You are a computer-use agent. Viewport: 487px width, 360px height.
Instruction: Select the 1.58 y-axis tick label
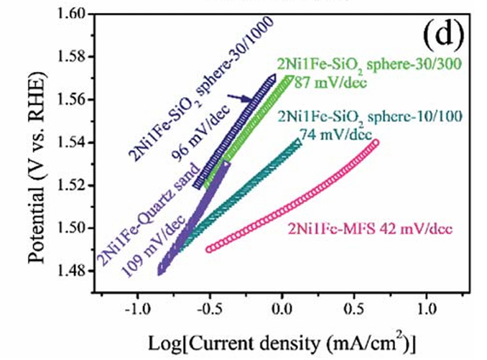(x=72, y=57)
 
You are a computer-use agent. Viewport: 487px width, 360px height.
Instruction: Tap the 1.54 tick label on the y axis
(x=72, y=142)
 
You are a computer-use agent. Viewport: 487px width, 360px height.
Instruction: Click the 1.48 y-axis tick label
(x=72, y=271)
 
